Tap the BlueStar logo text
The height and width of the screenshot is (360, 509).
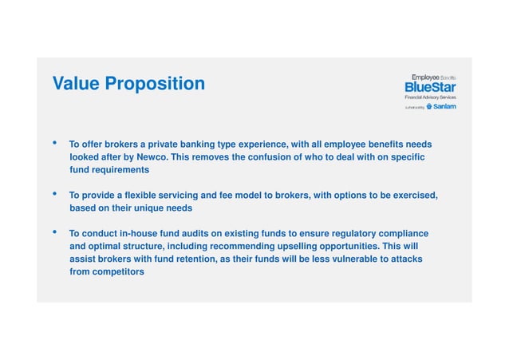pos(430,86)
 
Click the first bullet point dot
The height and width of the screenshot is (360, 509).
pos(54,144)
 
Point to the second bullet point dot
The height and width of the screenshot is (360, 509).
pos(54,194)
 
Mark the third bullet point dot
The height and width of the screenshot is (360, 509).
pos(54,232)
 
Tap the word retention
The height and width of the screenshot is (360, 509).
pos(197,259)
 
